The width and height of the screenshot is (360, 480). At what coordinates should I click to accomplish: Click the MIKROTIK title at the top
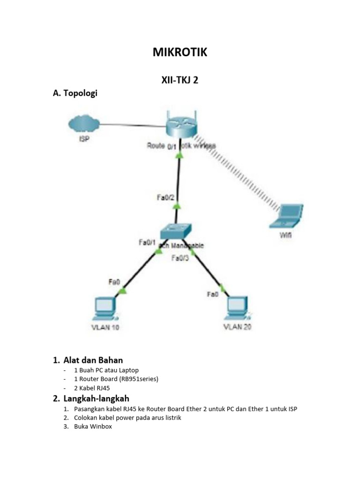(x=180, y=52)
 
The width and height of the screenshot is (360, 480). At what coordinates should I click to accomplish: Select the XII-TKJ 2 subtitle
(x=180, y=80)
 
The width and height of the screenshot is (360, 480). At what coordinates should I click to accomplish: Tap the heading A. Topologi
(x=75, y=93)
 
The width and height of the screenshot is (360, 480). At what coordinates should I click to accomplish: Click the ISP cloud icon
(x=83, y=124)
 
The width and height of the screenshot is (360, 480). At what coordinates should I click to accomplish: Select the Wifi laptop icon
(x=285, y=216)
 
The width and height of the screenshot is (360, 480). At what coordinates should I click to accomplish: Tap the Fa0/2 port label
(x=165, y=198)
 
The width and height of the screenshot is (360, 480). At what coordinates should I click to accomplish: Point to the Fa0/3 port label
(x=180, y=258)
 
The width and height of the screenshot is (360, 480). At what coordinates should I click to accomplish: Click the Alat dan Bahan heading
(x=93, y=360)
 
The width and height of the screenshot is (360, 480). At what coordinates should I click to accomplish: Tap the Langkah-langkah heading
(x=96, y=398)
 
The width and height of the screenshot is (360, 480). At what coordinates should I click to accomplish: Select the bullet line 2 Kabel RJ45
(x=92, y=388)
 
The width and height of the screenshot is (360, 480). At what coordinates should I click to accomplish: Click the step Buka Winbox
(x=93, y=427)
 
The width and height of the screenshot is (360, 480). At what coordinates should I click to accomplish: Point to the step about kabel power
(x=127, y=418)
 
